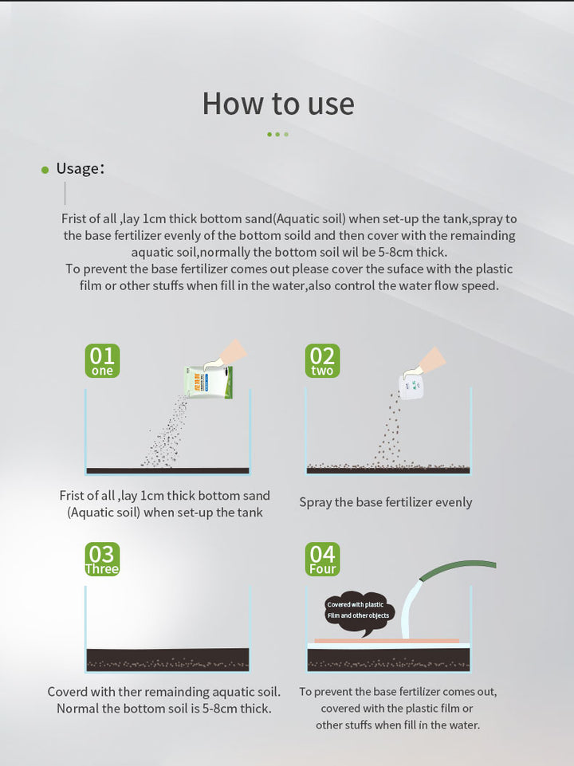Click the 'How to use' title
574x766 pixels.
point(278,104)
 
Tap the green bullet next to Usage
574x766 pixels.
point(45,170)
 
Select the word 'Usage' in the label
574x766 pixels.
point(77,169)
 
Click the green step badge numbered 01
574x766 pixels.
point(102,360)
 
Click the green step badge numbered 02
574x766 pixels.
point(322,360)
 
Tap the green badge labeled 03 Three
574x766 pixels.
point(102,559)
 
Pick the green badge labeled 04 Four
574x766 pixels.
point(322,559)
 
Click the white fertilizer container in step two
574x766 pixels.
point(411,387)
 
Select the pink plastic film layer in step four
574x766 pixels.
point(387,640)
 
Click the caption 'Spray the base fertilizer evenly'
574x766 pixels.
point(385,502)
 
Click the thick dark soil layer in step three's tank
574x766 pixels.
point(167,659)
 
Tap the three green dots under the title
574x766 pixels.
point(277,135)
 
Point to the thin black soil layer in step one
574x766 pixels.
point(167,470)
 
